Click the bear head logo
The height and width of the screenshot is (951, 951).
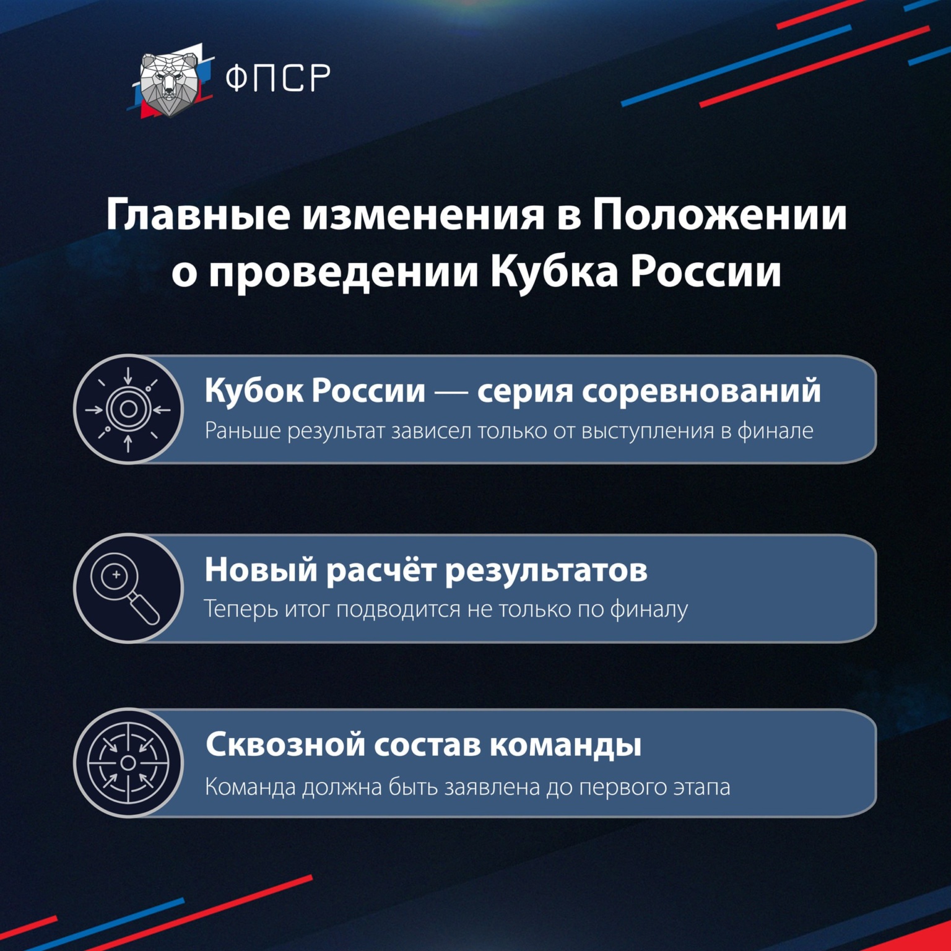coord(168,84)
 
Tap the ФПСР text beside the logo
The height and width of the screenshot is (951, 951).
coord(277,77)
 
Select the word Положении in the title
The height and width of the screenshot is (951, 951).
coord(719,214)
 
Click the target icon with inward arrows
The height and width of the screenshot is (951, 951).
coord(128,409)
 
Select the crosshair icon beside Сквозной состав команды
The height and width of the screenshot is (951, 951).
coord(128,763)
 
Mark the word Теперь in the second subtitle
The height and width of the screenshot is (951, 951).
coord(241,609)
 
